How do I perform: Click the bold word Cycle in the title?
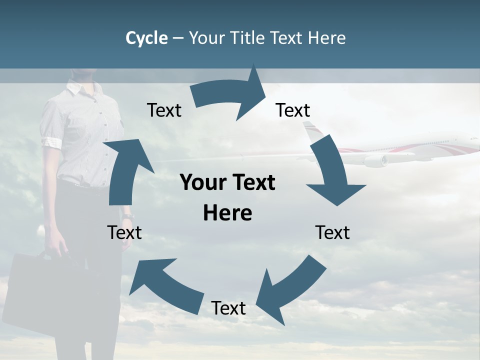point(146,38)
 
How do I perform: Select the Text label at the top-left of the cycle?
point(164,110)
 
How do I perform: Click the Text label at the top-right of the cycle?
point(293,110)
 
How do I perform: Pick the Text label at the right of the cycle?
point(332,232)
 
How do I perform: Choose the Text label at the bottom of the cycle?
point(228,308)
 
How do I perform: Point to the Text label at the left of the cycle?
point(124,232)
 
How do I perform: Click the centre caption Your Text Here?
point(227,198)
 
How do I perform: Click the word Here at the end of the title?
point(327,38)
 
